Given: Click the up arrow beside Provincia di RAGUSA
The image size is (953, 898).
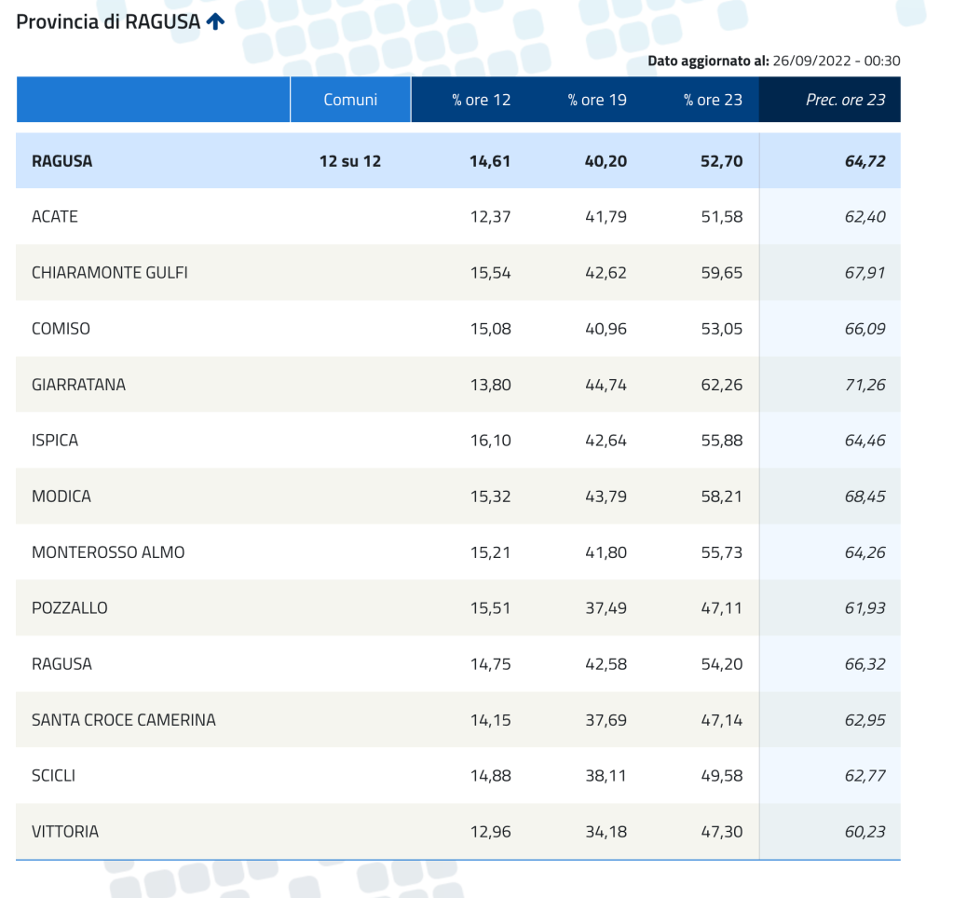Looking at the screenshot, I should pos(215,21).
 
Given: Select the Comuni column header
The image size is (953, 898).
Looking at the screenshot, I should pos(350,100).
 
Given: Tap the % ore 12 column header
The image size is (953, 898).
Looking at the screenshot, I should pos(482,100).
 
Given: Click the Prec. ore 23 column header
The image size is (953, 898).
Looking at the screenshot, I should pos(845,100).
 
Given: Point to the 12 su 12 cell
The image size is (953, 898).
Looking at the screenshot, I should pos(350,161).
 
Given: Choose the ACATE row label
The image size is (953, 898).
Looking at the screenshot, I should pos(55,217).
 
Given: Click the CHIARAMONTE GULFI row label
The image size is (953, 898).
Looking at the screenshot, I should pos(110,273).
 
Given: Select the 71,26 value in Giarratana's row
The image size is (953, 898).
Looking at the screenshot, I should pos(865,385).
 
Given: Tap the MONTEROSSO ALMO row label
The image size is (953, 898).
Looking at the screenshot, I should pos(108,552).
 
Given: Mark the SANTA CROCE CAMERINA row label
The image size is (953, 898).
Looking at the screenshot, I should pos(124,720).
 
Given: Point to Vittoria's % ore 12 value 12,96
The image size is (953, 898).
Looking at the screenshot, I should pos(490,832).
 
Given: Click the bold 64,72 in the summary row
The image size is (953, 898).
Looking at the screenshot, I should pos(865,161).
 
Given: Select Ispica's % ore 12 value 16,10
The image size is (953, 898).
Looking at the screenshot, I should pos(490,441).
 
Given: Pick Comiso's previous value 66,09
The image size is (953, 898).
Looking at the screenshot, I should pos(865,329).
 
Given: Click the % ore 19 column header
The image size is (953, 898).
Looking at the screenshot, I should pos(597,100).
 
